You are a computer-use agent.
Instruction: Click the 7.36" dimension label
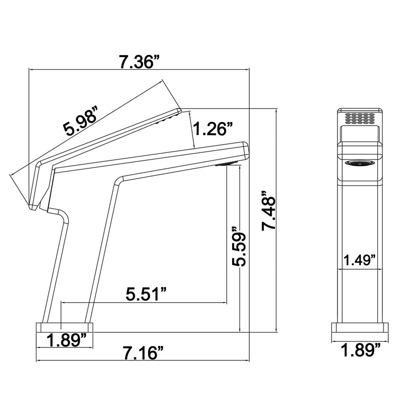pos(140,62)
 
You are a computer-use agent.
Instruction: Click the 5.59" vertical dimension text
pos(239,246)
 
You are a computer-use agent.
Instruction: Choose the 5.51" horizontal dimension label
pos(146,294)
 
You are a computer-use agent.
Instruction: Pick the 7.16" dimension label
pos(143,353)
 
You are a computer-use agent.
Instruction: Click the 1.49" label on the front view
pos(360,260)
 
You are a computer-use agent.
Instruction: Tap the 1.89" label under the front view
pos(360,350)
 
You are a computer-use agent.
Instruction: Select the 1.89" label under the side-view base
pos(67,340)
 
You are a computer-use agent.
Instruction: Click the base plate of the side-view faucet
pos(64,328)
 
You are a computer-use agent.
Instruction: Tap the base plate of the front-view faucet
pos(360,328)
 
